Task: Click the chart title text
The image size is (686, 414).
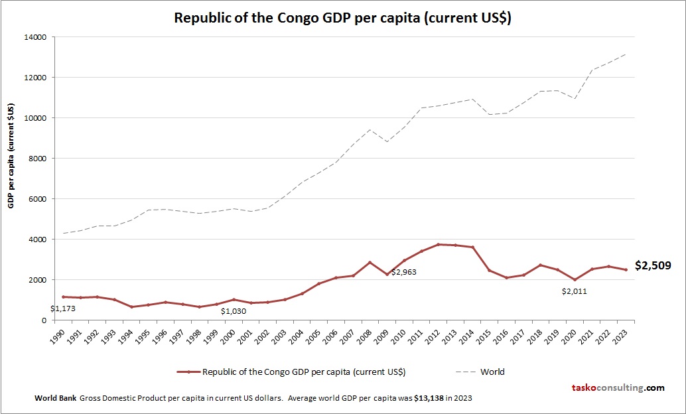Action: pos(342,18)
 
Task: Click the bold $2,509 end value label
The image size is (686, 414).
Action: pos(653,266)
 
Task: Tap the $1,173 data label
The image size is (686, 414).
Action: pos(63,308)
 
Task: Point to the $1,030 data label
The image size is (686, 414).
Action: pos(234,311)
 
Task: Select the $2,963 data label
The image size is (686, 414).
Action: pos(404,272)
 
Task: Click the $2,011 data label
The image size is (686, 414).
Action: pos(575,291)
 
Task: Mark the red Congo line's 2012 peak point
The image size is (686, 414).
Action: pos(438,244)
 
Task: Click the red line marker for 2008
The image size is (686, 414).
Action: pos(370,262)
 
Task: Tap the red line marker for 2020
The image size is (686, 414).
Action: pos(575,279)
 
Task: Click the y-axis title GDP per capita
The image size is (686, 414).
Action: pos(11,156)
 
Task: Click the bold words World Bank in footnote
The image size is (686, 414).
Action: pos(55,398)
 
